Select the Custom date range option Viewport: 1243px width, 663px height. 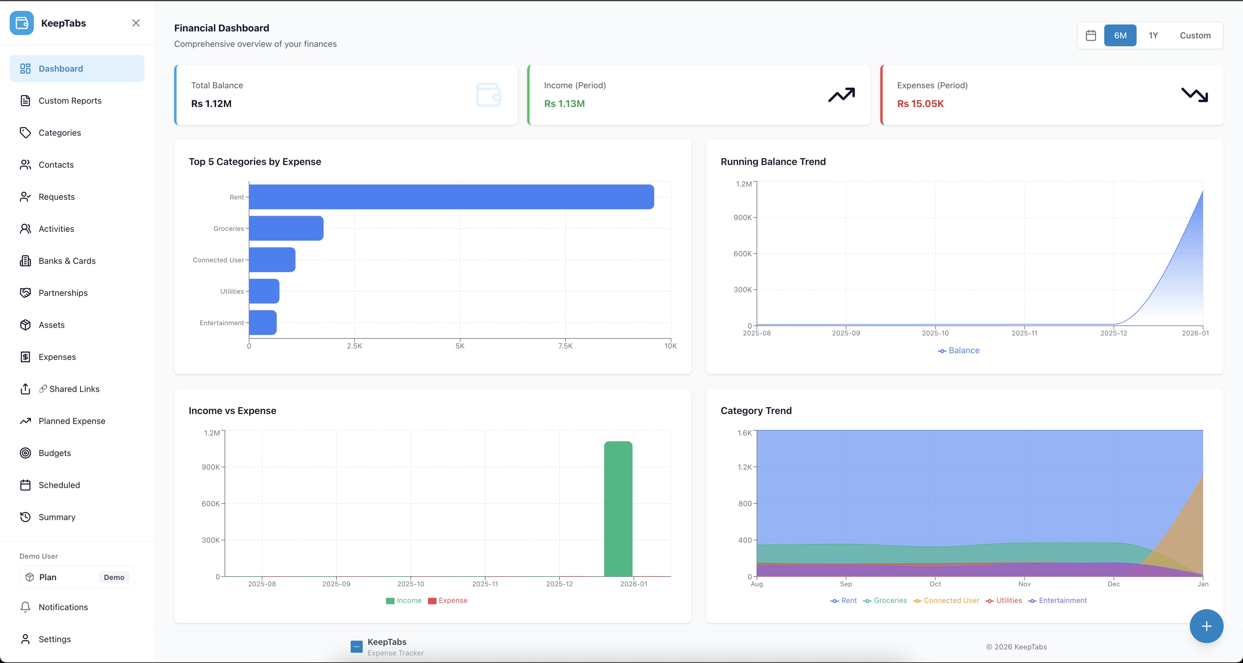(1195, 35)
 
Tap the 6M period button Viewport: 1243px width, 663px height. (1120, 35)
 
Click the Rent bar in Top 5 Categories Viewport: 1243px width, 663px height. (451, 197)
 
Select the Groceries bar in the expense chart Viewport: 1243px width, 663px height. (286, 228)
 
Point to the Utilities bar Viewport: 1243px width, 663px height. (264, 291)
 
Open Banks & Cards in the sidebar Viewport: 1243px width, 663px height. (67, 260)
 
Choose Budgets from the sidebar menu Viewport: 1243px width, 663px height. (54, 453)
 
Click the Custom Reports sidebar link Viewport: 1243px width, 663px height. (70, 100)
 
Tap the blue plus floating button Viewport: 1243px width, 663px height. (1206, 626)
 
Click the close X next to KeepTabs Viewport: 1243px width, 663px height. (136, 23)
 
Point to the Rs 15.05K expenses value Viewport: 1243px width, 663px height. (920, 104)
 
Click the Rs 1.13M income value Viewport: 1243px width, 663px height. (564, 104)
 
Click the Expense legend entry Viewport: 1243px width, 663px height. (452, 600)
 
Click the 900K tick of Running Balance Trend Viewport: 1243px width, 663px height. (742, 218)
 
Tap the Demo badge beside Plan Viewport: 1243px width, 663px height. (114, 577)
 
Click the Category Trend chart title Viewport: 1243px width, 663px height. (756, 411)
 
